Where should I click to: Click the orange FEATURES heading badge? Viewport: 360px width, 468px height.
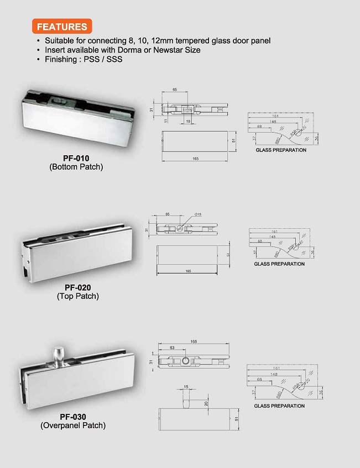click(61, 26)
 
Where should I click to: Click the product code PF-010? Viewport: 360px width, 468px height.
click(76, 158)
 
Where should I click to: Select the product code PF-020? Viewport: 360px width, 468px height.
click(77, 287)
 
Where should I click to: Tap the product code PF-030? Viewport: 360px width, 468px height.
click(73, 417)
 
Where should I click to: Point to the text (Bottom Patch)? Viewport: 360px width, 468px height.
click(76, 166)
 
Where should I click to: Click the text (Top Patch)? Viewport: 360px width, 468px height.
click(78, 296)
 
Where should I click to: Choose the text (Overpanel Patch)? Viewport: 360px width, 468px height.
click(73, 425)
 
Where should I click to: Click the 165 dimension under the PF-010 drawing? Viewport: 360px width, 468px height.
click(196, 159)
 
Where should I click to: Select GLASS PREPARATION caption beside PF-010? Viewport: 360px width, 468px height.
click(281, 150)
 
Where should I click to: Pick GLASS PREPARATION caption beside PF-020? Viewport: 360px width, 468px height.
click(279, 264)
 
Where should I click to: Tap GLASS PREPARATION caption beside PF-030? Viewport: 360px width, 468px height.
click(279, 406)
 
